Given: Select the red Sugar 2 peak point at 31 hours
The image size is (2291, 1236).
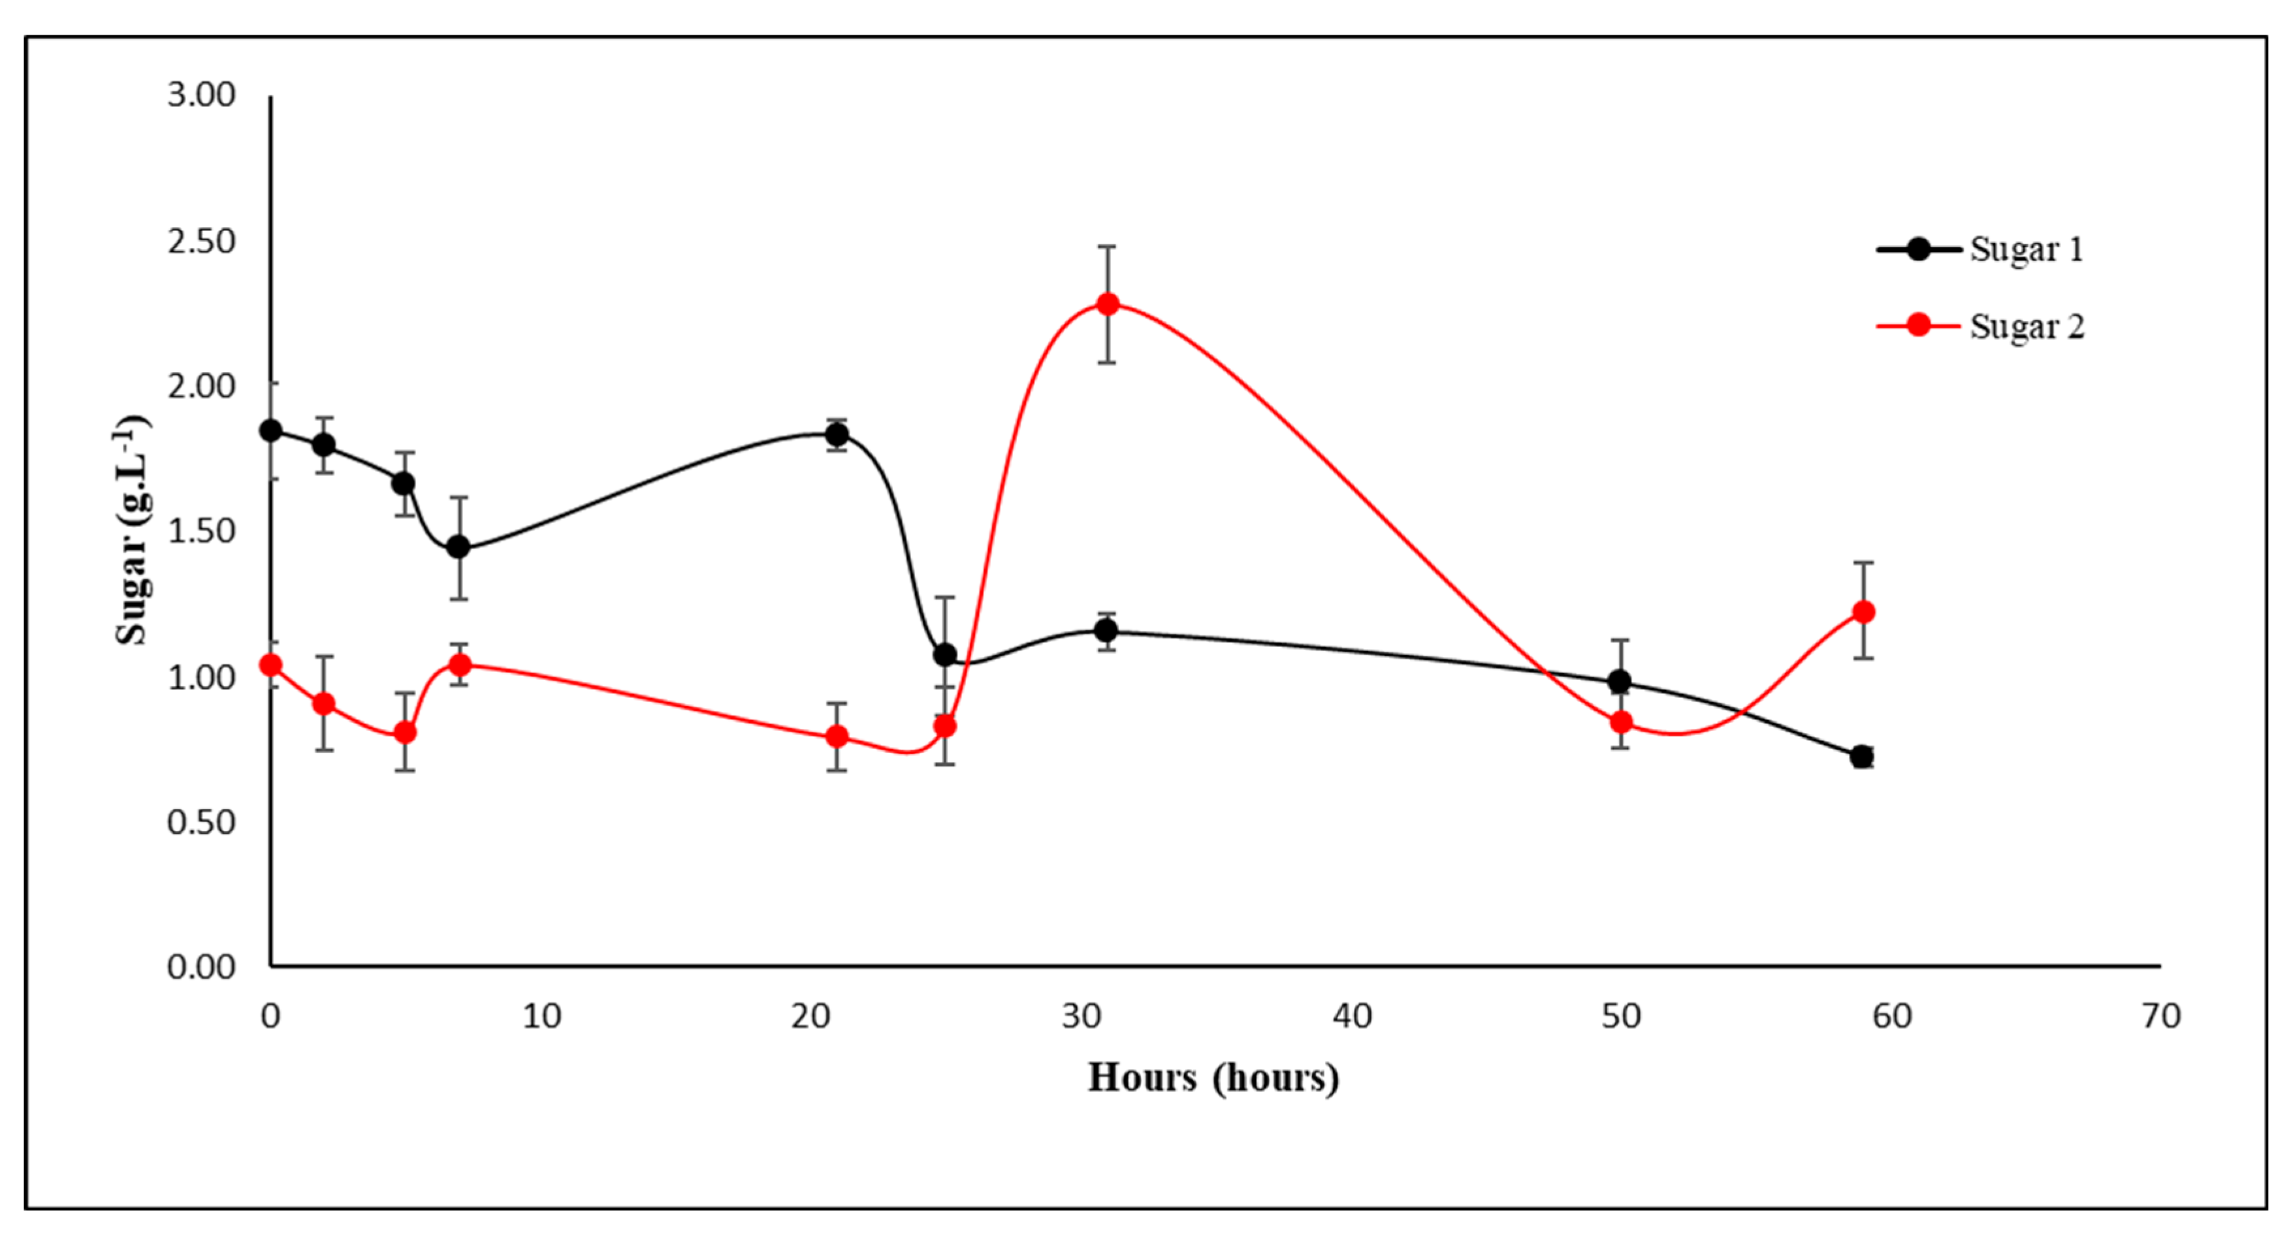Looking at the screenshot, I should [1107, 304].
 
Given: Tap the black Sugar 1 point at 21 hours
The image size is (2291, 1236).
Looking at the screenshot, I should [837, 435].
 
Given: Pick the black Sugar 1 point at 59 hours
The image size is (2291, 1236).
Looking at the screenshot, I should [1861, 757].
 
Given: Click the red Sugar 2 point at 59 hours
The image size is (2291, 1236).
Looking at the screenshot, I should [1863, 612].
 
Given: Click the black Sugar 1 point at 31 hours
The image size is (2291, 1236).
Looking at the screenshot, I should [1106, 631].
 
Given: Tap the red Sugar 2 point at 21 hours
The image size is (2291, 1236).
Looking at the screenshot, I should [837, 737].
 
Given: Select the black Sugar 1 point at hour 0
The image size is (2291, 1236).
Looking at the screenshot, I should [270, 430].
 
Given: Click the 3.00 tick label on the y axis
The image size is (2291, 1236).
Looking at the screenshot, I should [201, 95].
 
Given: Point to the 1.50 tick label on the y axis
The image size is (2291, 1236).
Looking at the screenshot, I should [201, 531].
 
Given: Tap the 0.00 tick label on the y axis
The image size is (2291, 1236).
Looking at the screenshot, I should [201, 966].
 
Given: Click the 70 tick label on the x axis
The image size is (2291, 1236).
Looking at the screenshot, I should [2161, 1015].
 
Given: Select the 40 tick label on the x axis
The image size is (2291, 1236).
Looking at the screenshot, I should [1352, 1015].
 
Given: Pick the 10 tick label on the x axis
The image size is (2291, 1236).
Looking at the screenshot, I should [541, 1015].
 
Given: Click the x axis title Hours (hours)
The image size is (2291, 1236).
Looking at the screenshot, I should [1213, 1078].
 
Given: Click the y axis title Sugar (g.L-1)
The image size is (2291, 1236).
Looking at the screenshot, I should [132, 530].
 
